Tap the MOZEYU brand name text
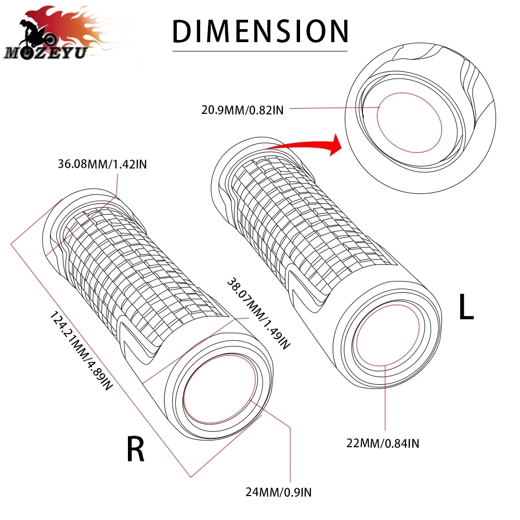point(45,53)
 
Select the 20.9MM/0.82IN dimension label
point(242,110)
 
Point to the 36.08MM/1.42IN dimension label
point(102,164)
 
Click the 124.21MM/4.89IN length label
point(81,350)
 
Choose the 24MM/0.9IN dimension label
point(279,492)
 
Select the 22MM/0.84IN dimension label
point(383,444)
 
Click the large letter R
point(135,449)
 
